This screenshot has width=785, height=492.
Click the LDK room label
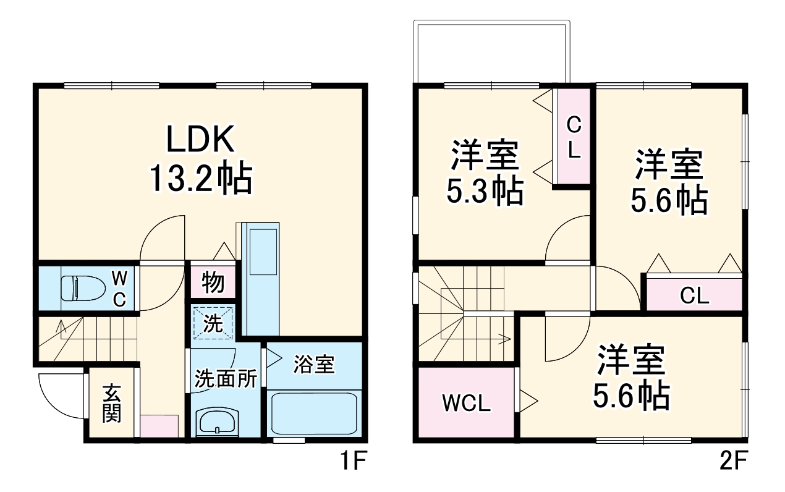[200, 140]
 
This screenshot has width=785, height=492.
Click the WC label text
[119, 288]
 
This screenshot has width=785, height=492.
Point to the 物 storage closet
[213, 283]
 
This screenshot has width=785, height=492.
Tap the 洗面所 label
[226, 379]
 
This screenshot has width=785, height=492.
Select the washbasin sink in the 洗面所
[216, 422]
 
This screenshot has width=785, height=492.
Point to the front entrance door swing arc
[59, 396]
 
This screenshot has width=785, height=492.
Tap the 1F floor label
[353, 460]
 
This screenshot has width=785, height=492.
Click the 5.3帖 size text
[485, 192]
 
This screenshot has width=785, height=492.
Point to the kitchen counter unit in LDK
[263, 278]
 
